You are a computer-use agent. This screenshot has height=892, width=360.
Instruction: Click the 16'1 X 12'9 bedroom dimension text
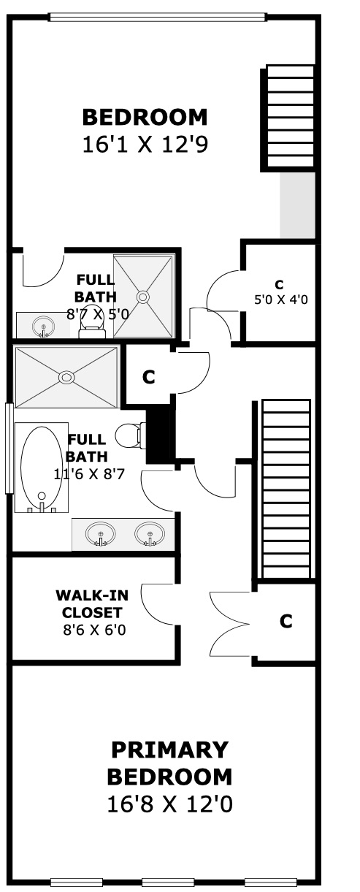(145, 145)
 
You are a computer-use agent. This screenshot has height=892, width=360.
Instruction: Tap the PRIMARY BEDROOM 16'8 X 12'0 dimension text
(169, 804)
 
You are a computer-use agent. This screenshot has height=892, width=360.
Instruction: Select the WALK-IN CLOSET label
(92, 603)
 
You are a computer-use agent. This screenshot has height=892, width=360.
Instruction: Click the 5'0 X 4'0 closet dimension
(281, 299)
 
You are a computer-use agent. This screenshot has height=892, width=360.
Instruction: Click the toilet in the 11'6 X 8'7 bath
(129, 435)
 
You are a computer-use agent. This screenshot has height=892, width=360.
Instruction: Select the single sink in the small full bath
(43, 327)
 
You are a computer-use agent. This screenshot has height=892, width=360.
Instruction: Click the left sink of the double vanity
(101, 533)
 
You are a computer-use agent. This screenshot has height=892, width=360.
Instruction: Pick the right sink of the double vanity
(150, 533)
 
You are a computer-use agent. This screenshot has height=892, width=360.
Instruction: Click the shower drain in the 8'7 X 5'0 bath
(143, 297)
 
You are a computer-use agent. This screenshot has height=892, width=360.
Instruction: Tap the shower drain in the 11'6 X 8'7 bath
(66, 377)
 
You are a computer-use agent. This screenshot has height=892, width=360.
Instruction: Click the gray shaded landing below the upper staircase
(297, 205)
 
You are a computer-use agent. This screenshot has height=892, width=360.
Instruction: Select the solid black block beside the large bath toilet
(159, 433)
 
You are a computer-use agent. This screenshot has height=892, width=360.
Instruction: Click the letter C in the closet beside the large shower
(148, 377)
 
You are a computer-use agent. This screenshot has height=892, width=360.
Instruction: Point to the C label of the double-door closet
(286, 621)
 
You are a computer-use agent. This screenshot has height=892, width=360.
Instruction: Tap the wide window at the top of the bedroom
(157, 17)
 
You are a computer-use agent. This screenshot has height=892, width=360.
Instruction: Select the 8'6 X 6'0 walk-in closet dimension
(94, 630)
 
